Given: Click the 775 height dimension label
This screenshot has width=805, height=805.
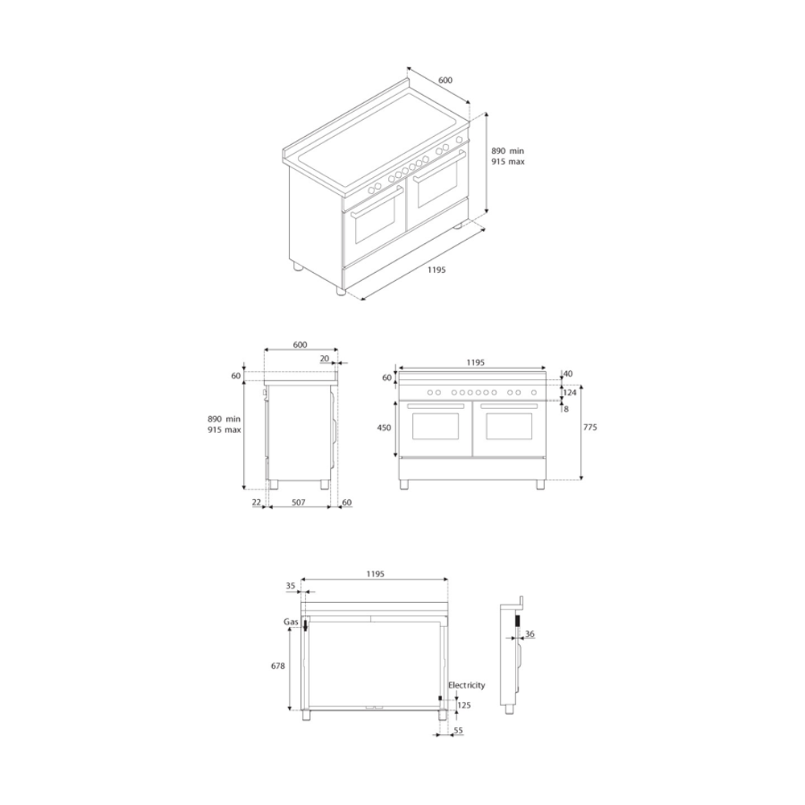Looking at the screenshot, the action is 590,427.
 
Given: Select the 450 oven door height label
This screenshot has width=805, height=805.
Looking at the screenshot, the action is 384,427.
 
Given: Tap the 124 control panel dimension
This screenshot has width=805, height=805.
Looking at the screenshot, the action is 570,393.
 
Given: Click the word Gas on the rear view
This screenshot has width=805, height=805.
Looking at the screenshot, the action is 291,621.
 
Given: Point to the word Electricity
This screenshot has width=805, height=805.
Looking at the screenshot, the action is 466,685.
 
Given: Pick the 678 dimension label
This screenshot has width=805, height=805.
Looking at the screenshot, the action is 278,666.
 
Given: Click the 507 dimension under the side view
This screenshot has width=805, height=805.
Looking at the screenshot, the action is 299,502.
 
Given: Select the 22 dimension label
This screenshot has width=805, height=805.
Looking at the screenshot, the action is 257,502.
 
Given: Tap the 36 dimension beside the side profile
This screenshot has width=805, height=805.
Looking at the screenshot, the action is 530,634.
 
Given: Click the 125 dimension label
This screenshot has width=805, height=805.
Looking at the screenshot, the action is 464,705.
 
